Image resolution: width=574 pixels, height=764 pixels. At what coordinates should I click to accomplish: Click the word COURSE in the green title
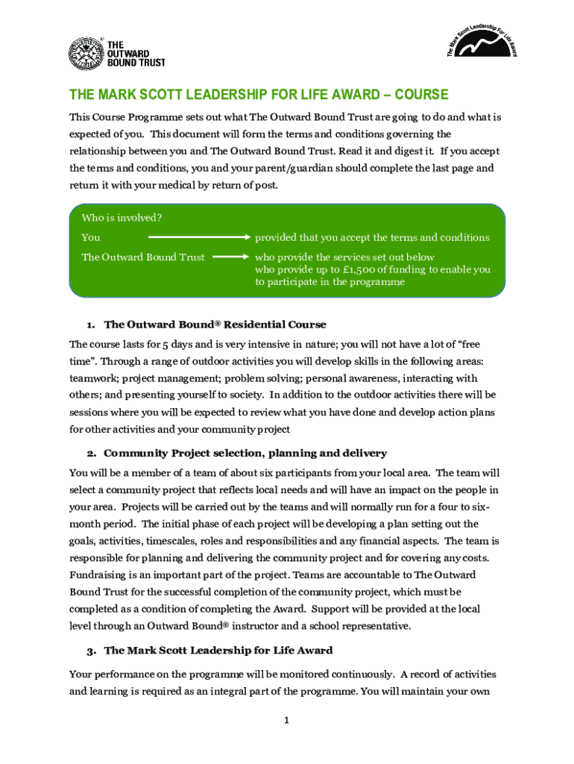tap(421, 95)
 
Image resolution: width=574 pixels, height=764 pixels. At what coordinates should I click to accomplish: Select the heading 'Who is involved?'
tap(122, 218)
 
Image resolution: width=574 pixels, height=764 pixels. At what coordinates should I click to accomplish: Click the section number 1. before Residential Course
tap(89, 325)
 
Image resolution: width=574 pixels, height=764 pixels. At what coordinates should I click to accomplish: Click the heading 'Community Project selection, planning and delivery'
tap(245, 453)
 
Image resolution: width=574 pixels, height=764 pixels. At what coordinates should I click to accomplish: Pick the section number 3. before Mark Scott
tap(91, 651)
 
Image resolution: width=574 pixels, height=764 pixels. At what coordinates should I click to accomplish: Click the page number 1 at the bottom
tap(287, 721)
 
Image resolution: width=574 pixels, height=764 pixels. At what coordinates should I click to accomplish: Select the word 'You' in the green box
tap(91, 237)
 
